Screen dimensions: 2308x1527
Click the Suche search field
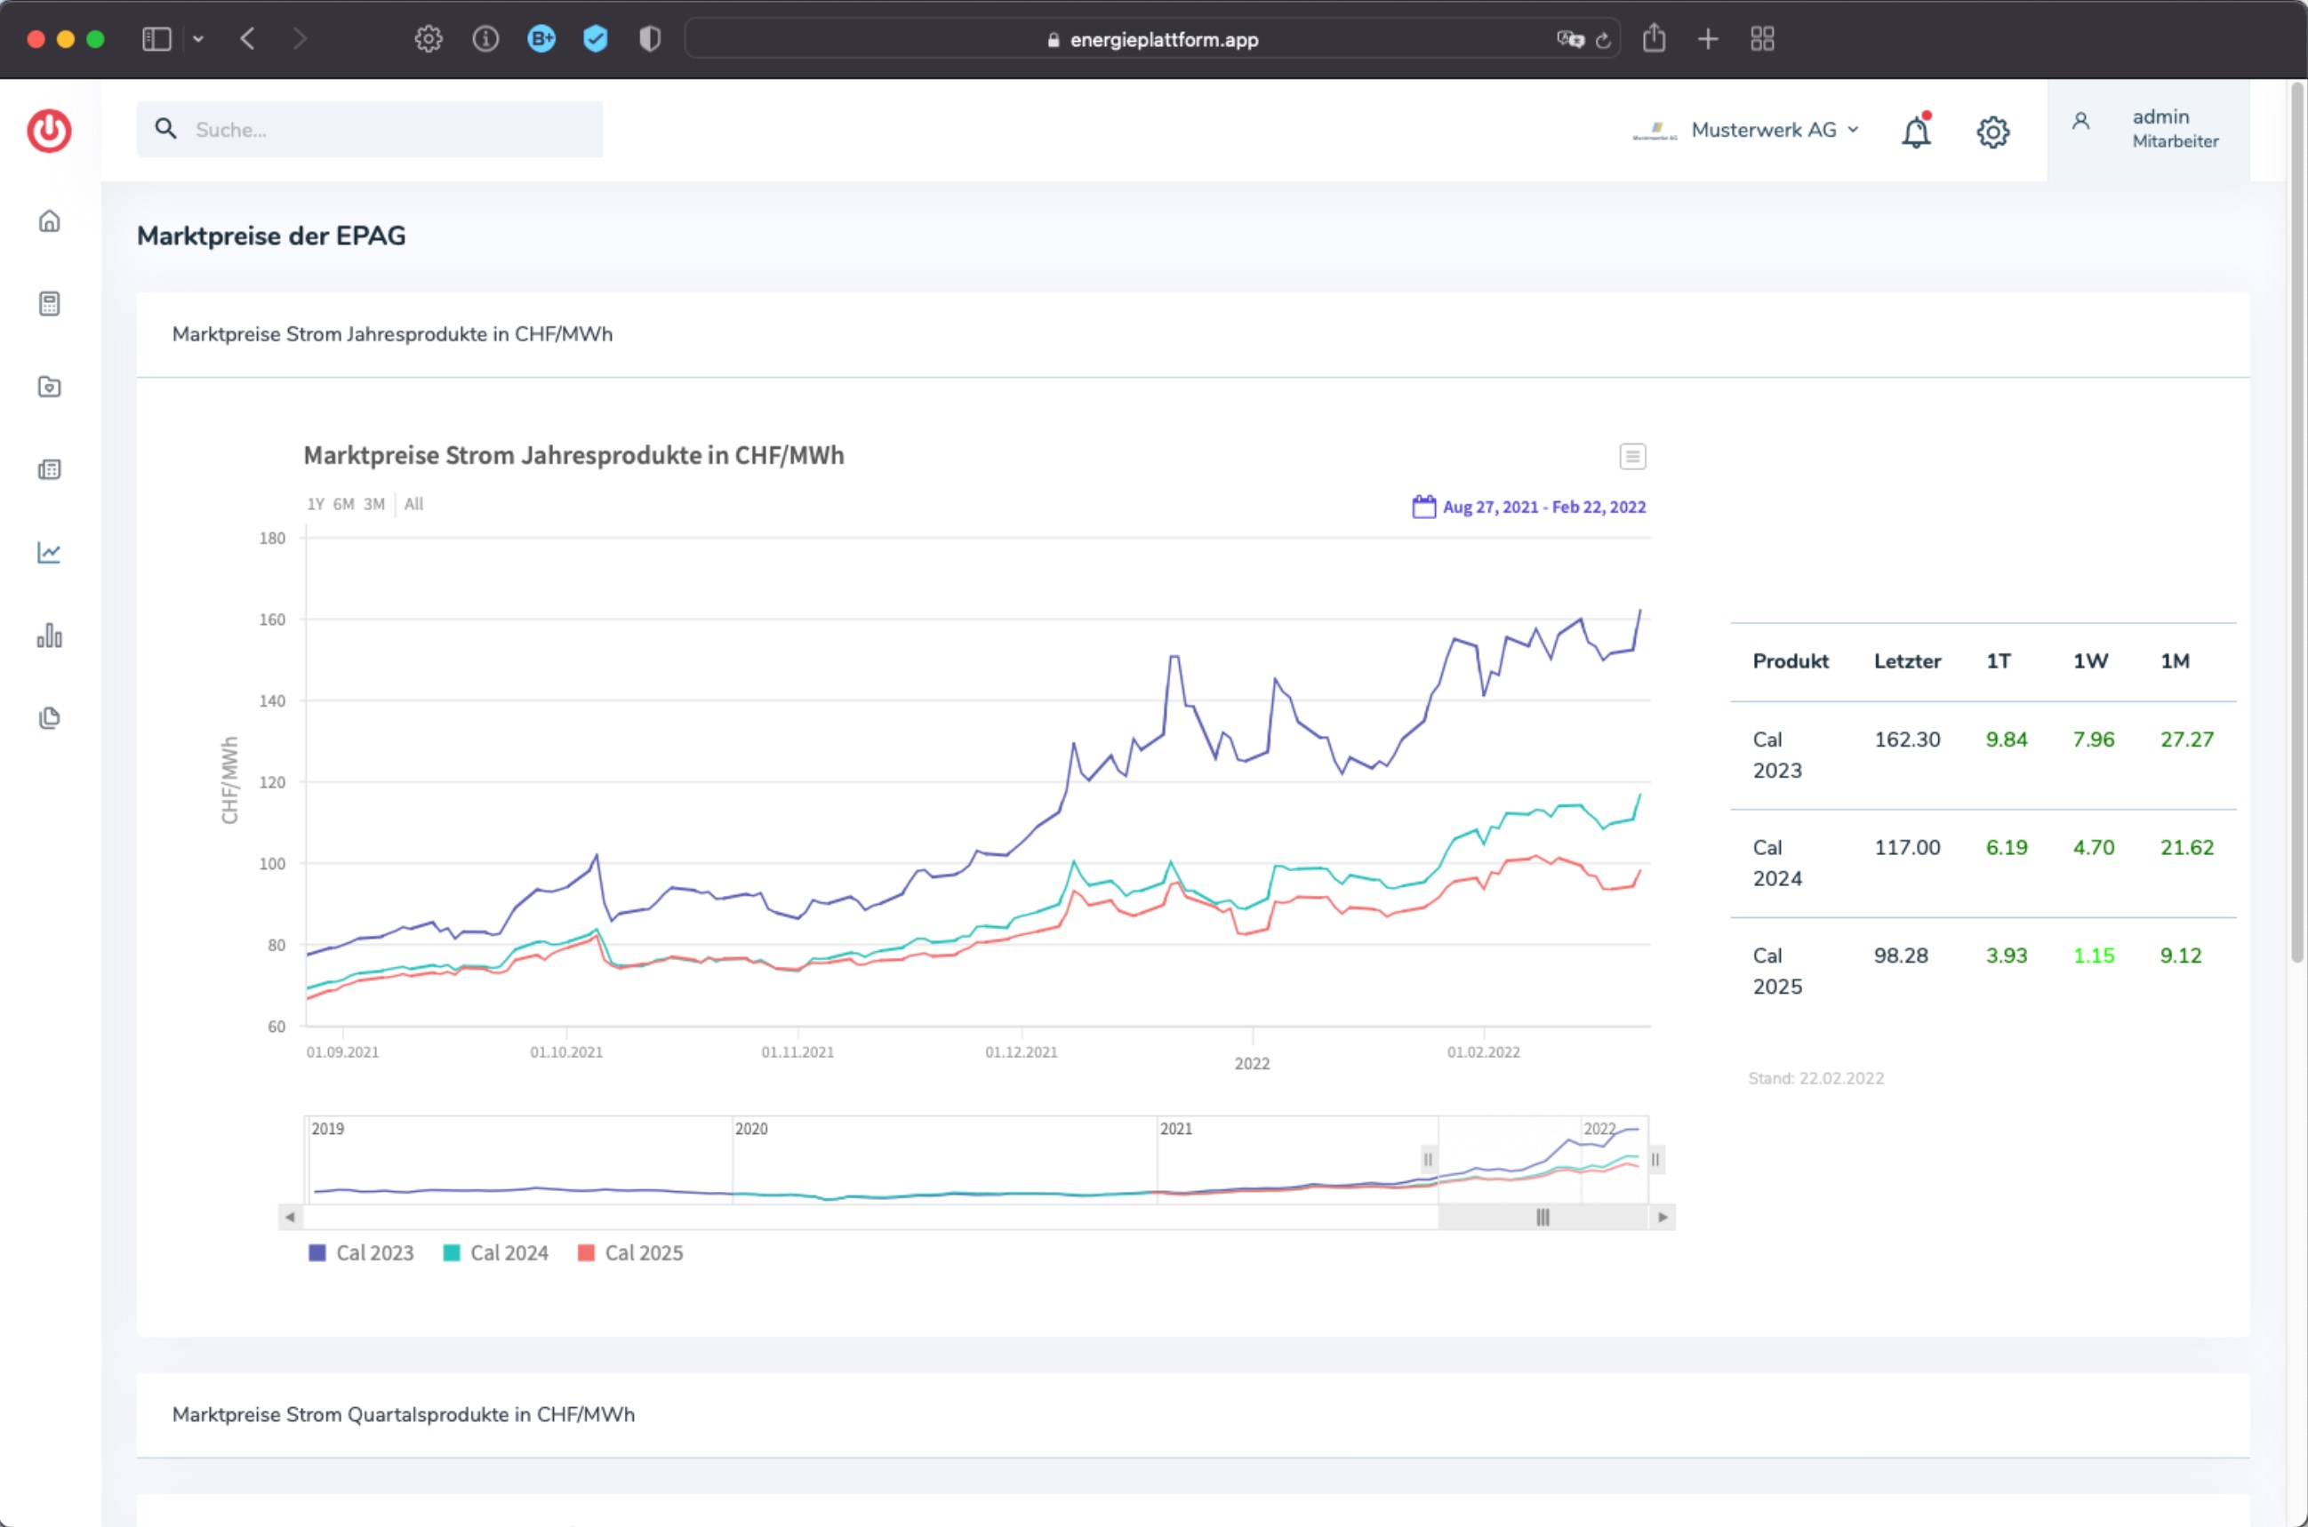(370, 130)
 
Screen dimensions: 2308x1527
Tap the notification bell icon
(1916, 131)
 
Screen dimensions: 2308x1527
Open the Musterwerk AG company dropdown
(1746, 131)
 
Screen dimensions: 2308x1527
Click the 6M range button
(344, 505)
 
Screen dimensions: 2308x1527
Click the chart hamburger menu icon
(1632, 457)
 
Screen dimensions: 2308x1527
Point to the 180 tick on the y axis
(273, 539)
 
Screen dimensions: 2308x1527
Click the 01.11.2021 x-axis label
(797, 1051)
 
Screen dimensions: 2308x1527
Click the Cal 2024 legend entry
(496, 1253)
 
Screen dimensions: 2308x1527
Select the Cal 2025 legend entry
(630, 1253)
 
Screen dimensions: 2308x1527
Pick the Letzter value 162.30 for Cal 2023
(1907, 740)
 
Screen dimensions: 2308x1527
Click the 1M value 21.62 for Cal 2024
(2186, 848)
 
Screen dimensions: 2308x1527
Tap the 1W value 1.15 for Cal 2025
(2094, 956)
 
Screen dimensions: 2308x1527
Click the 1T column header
(1999, 662)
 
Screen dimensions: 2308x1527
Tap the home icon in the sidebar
(50, 221)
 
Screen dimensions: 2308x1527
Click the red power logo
(50, 131)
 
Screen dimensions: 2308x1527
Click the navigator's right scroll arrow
(1663, 1218)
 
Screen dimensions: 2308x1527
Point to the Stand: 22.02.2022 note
(1815, 1079)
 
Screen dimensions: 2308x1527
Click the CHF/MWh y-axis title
(230, 781)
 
